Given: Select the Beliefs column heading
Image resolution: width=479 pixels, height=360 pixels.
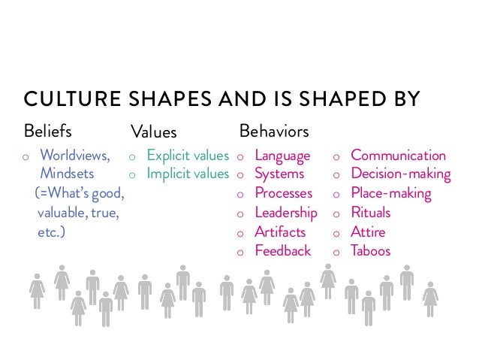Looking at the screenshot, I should click(x=48, y=132).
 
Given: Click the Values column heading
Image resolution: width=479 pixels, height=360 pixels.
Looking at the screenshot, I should click(x=154, y=132).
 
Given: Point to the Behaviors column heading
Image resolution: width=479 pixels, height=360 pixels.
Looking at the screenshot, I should click(x=273, y=132).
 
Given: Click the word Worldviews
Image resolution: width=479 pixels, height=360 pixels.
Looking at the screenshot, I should click(x=74, y=156).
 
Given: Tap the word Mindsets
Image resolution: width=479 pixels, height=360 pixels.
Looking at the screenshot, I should click(x=68, y=174).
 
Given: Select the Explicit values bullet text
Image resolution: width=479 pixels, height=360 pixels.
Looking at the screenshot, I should click(x=188, y=156).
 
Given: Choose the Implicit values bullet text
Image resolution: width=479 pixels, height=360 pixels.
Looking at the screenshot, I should click(x=188, y=174).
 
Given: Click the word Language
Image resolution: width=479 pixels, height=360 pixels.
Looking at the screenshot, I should click(x=282, y=156).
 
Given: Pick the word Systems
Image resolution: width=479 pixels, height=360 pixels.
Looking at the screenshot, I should click(x=279, y=174).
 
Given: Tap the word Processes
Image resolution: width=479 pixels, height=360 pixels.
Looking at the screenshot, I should click(x=283, y=194).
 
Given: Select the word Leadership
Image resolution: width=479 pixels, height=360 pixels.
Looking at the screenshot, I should click(x=286, y=213).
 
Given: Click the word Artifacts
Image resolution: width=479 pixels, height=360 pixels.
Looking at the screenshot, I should click(x=279, y=231).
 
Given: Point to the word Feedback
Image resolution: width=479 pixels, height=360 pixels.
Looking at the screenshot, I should click(x=282, y=251).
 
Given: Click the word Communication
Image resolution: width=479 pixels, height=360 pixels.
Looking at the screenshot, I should click(x=398, y=156).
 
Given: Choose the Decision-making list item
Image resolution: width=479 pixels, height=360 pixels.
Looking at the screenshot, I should click(x=401, y=174).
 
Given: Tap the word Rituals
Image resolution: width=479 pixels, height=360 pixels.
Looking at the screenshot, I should click(x=371, y=213).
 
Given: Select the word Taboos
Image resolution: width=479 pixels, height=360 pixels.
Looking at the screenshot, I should click(x=371, y=251).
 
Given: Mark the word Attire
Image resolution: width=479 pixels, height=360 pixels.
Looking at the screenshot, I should click(x=367, y=231).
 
